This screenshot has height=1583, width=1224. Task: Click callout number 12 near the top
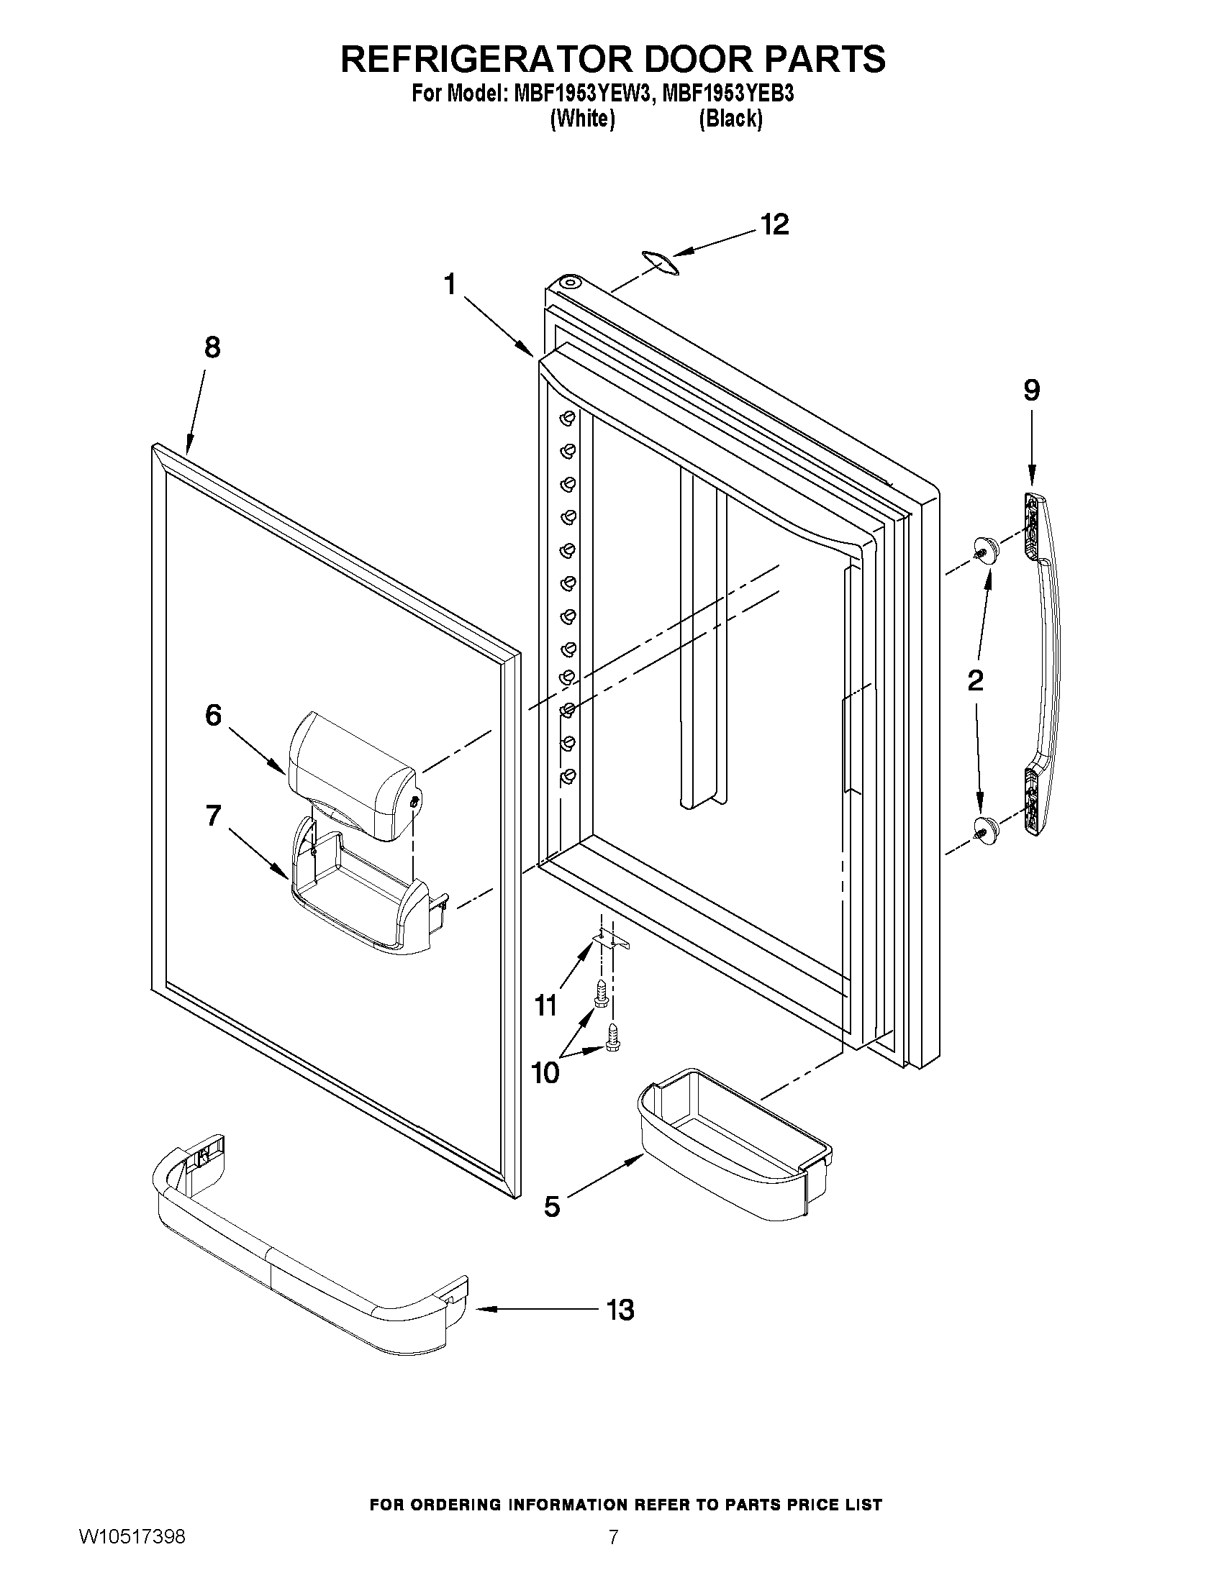(x=774, y=224)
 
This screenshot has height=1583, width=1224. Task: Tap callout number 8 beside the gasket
(x=212, y=348)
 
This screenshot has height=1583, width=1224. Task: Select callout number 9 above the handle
(x=1031, y=391)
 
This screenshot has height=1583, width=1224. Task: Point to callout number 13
(x=620, y=1310)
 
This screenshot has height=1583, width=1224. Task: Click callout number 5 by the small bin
(x=552, y=1206)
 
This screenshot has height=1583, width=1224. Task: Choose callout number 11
(x=545, y=1005)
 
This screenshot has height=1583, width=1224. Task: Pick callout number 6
(x=213, y=716)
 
